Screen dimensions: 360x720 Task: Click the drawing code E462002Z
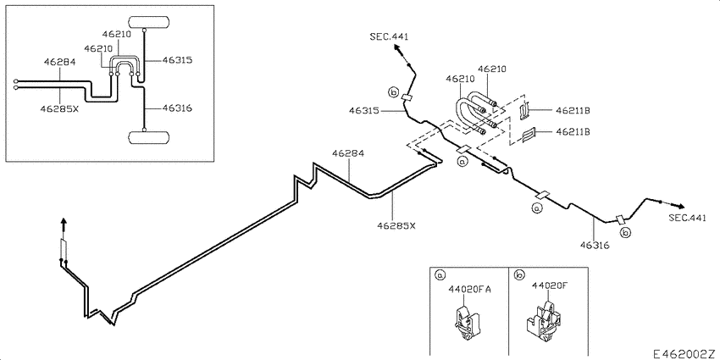[684, 352]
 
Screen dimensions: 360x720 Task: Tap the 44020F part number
[550, 285]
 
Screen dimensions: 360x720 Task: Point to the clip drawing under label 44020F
[546, 323]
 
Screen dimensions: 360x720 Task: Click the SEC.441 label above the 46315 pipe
[390, 36]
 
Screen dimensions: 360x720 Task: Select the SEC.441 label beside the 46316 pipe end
[687, 219]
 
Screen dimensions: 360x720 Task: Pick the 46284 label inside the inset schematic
[60, 62]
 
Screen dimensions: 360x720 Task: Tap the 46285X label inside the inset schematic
[58, 108]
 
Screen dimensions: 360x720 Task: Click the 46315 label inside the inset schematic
[177, 61]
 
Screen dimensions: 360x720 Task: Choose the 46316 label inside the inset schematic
[177, 108]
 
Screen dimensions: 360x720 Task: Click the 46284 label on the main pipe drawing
[347, 153]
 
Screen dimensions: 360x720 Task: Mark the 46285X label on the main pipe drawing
[396, 226]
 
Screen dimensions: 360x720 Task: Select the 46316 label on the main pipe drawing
[595, 246]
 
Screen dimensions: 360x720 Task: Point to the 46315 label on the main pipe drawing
[364, 110]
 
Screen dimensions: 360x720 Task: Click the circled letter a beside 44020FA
[440, 274]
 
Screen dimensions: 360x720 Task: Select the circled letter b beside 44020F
[518, 274]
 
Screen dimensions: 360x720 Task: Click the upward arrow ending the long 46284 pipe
[63, 224]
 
